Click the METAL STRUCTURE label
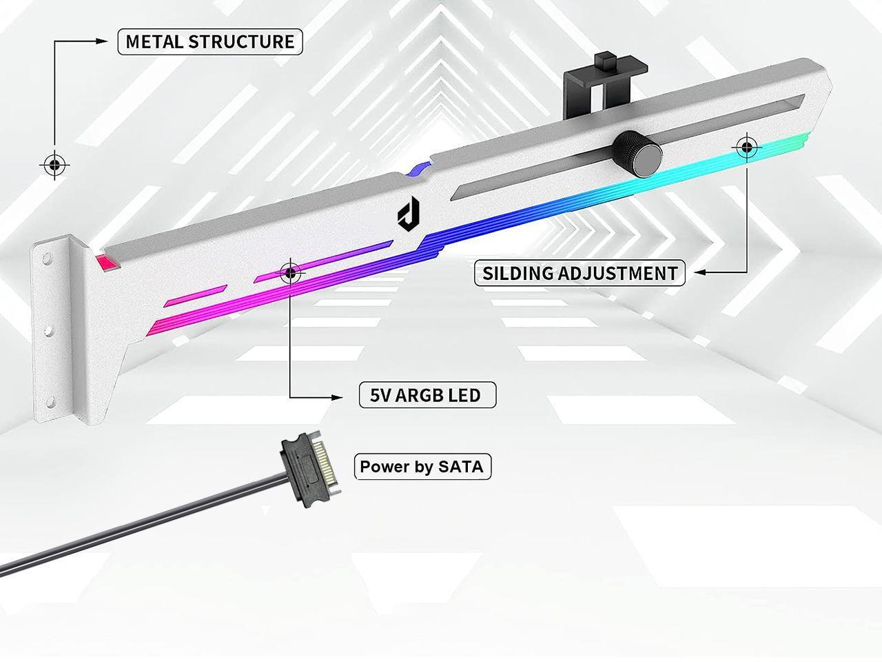[x=210, y=41]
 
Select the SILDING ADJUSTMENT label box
[x=580, y=273]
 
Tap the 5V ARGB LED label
[x=427, y=395]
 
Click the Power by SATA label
[x=422, y=467]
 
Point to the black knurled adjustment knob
[x=636, y=150]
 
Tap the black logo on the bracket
[x=404, y=214]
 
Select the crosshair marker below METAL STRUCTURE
[x=54, y=165]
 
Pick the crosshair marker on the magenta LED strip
[x=291, y=274]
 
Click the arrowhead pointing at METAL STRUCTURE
[x=103, y=41]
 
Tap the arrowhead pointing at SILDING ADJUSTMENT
[x=699, y=273]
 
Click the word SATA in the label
[x=461, y=467]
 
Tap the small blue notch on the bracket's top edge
[x=418, y=169]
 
